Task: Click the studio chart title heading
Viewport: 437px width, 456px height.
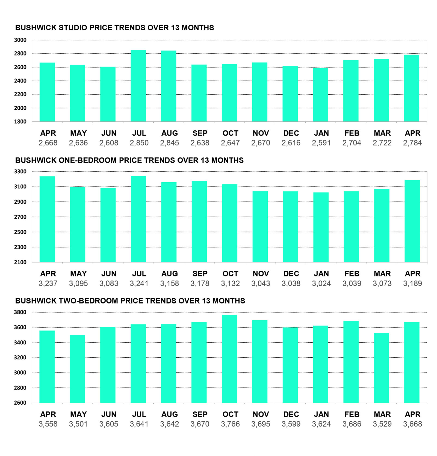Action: pyautogui.click(x=114, y=28)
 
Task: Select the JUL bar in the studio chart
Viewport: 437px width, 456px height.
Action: pyautogui.click(x=138, y=86)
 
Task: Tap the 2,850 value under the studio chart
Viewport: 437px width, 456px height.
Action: pyautogui.click(x=139, y=143)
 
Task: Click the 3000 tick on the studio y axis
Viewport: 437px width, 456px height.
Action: pyautogui.click(x=20, y=40)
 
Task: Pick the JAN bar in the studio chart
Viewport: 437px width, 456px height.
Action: pyautogui.click(x=320, y=95)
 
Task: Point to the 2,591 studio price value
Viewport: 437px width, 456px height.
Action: pyautogui.click(x=321, y=143)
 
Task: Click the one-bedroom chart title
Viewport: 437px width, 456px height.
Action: pyautogui.click(x=129, y=160)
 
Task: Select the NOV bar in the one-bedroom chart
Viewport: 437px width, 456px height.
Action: pyautogui.click(x=260, y=227)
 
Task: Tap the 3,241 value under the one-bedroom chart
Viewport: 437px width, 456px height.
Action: pyautogui.click(x=139, y=283)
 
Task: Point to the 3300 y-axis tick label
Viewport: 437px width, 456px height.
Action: pyautogui.click(x=20, y=172)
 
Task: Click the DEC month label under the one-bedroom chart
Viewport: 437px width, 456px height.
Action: pyautogui.click(x=291, y=274)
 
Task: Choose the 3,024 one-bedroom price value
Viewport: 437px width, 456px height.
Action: pyautogui.click(x=321, y=283)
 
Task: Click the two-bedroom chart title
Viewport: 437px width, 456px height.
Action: pyautogui.click(x=130, y=301)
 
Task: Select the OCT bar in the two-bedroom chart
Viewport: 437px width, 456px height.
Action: pyautogui.click(x=229, y=359)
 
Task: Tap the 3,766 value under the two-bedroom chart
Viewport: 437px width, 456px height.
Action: pyautogui.click(x=230, y=424)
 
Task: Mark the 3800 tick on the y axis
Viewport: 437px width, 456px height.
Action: pyautogui.click(x=20, y=312)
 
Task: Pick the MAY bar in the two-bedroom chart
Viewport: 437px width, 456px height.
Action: pyautogui.click(x=78, y=369)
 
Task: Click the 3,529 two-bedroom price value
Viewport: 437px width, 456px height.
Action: pyautogui.click(x=382, y=424)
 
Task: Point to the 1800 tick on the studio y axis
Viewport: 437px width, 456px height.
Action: pyautogui.click(x=20, y=122)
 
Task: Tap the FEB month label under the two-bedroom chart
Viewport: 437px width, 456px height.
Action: pyautogui.click(x=352, y=414)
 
